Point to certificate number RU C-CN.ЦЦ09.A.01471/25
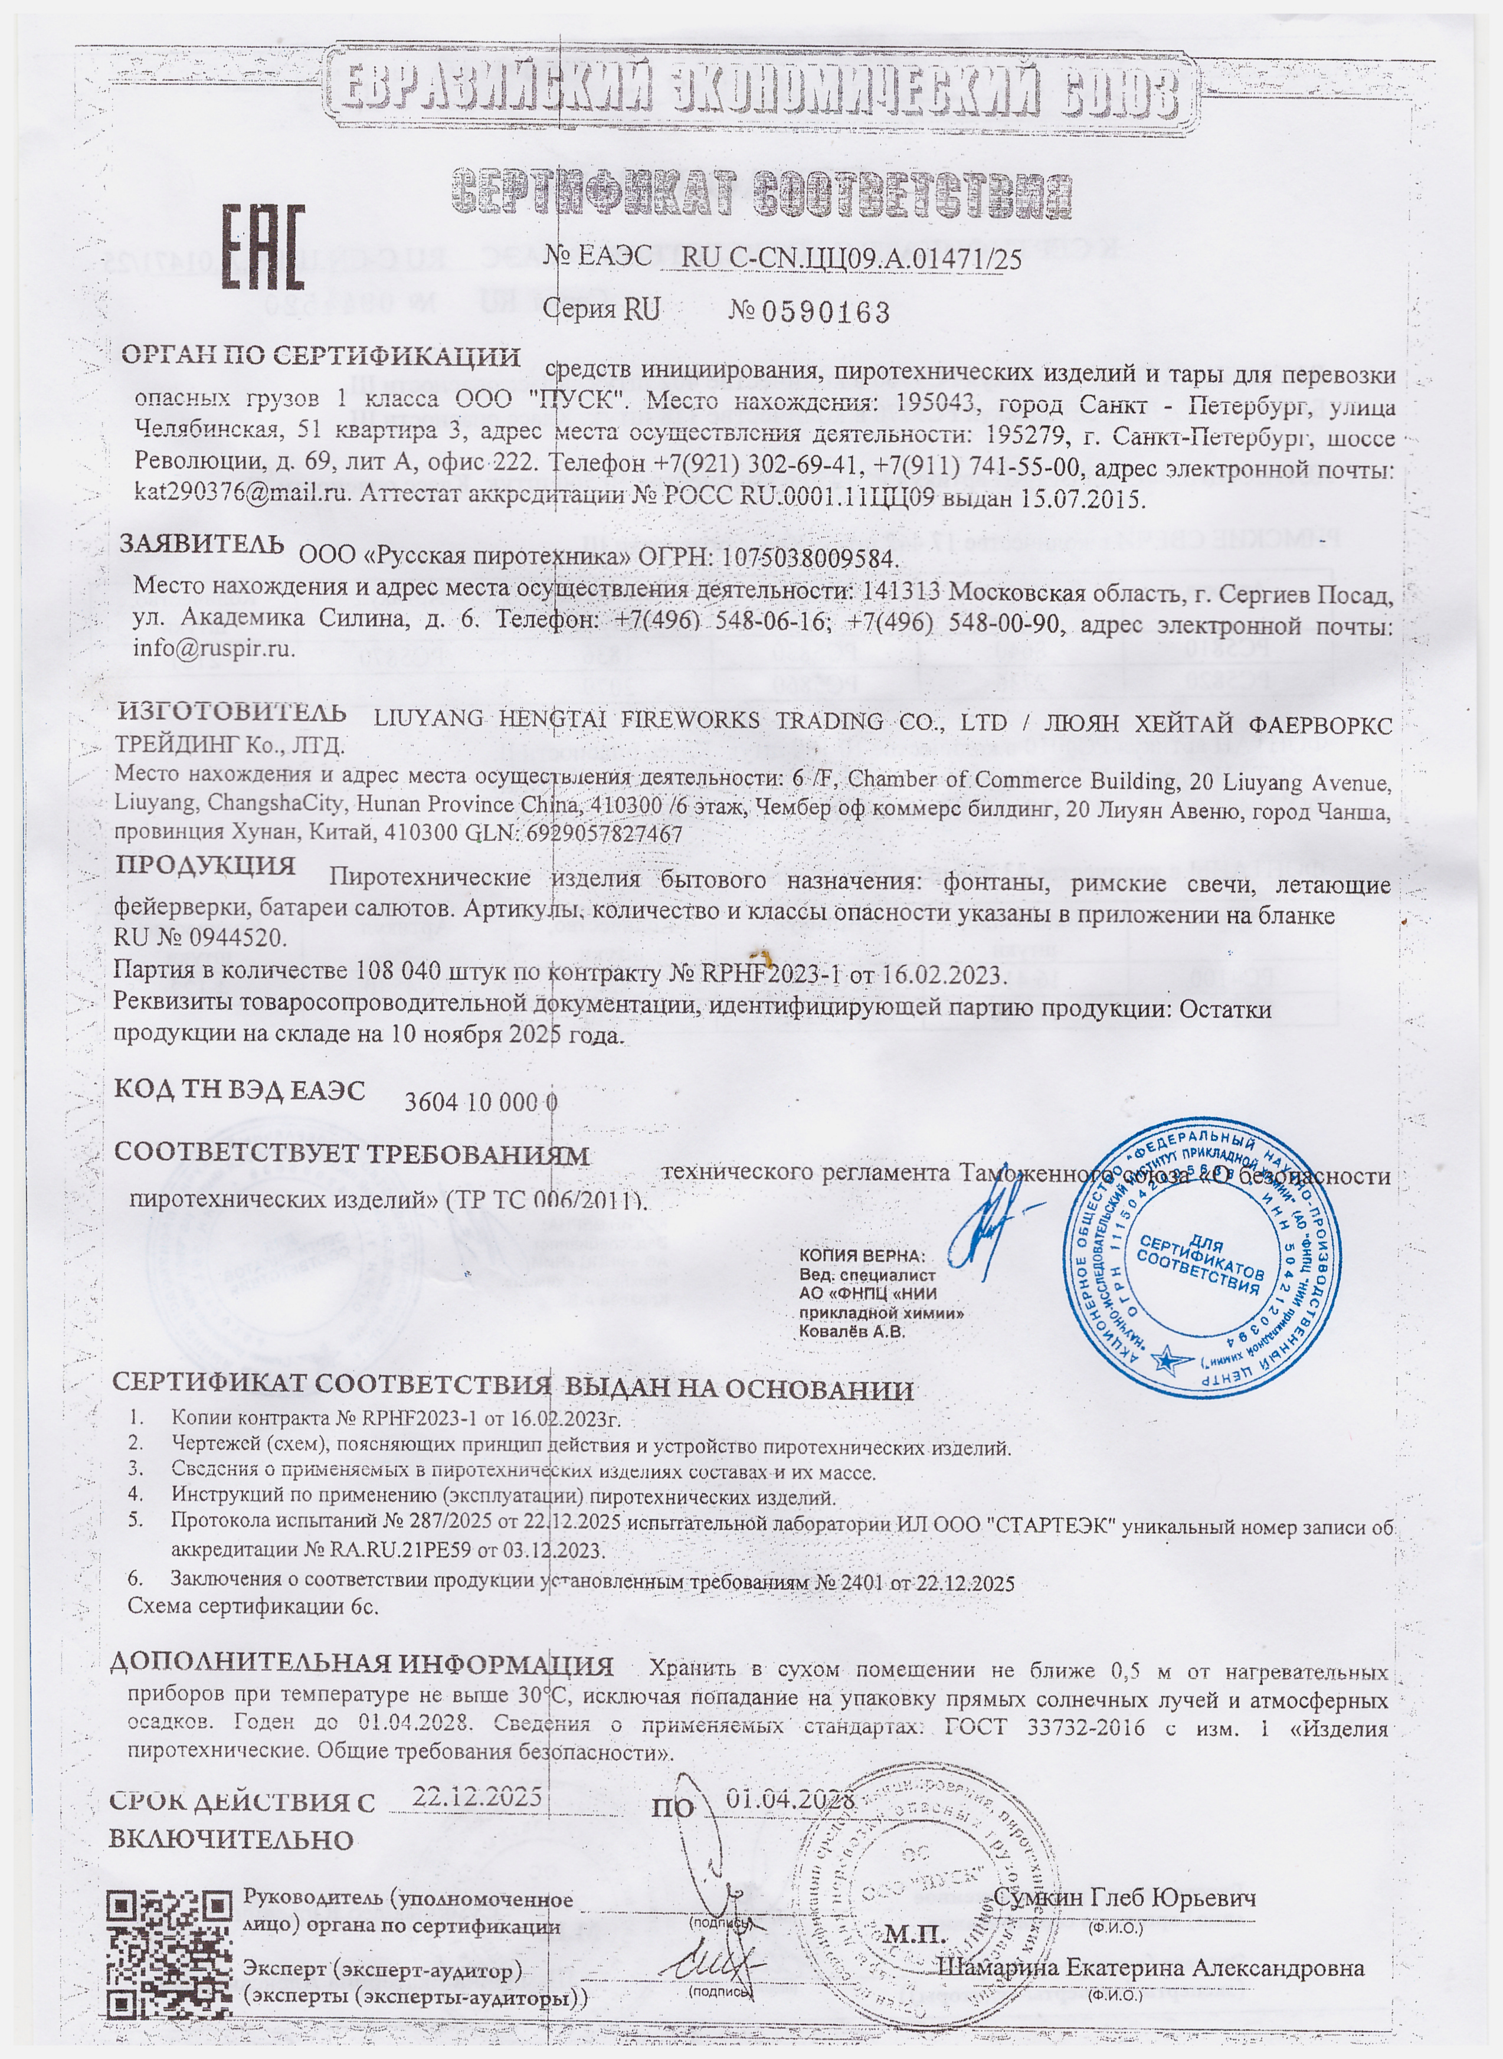[x=851, y=259]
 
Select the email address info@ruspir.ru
[x=215, y=649]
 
